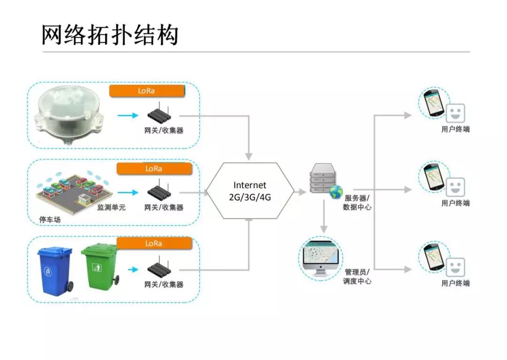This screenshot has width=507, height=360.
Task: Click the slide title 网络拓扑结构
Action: (x=110, y=35)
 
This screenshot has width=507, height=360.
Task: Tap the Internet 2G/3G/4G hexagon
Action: (x=250, y=191)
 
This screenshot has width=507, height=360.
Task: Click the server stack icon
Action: (x=323, y=179)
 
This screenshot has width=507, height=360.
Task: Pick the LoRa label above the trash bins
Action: (x=154, y=243)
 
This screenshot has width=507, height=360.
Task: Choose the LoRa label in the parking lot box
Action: (x=154, y=168)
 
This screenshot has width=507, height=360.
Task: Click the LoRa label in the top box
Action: (x=146, y=91)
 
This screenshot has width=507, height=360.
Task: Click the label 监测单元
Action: (x=111, y=207)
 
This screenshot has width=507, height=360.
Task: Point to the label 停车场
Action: (x=50, y=219)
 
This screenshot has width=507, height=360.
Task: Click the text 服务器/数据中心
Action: (x=357, y=202)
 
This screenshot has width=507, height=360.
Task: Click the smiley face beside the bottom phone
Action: (x=455, y=268)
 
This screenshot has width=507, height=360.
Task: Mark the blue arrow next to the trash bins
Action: (x=133, y=269)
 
